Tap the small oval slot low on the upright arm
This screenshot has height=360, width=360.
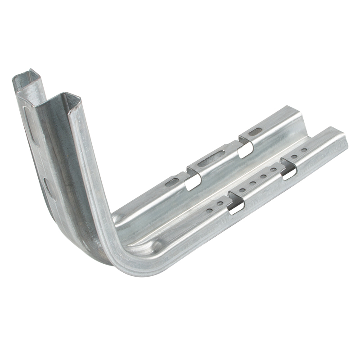click(x=47, y=184)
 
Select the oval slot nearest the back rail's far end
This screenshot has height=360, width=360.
click(x=255, y=131)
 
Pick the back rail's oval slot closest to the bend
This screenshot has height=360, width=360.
click(x=172, y=182)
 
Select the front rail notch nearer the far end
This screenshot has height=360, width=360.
click(x=288, y=170)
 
